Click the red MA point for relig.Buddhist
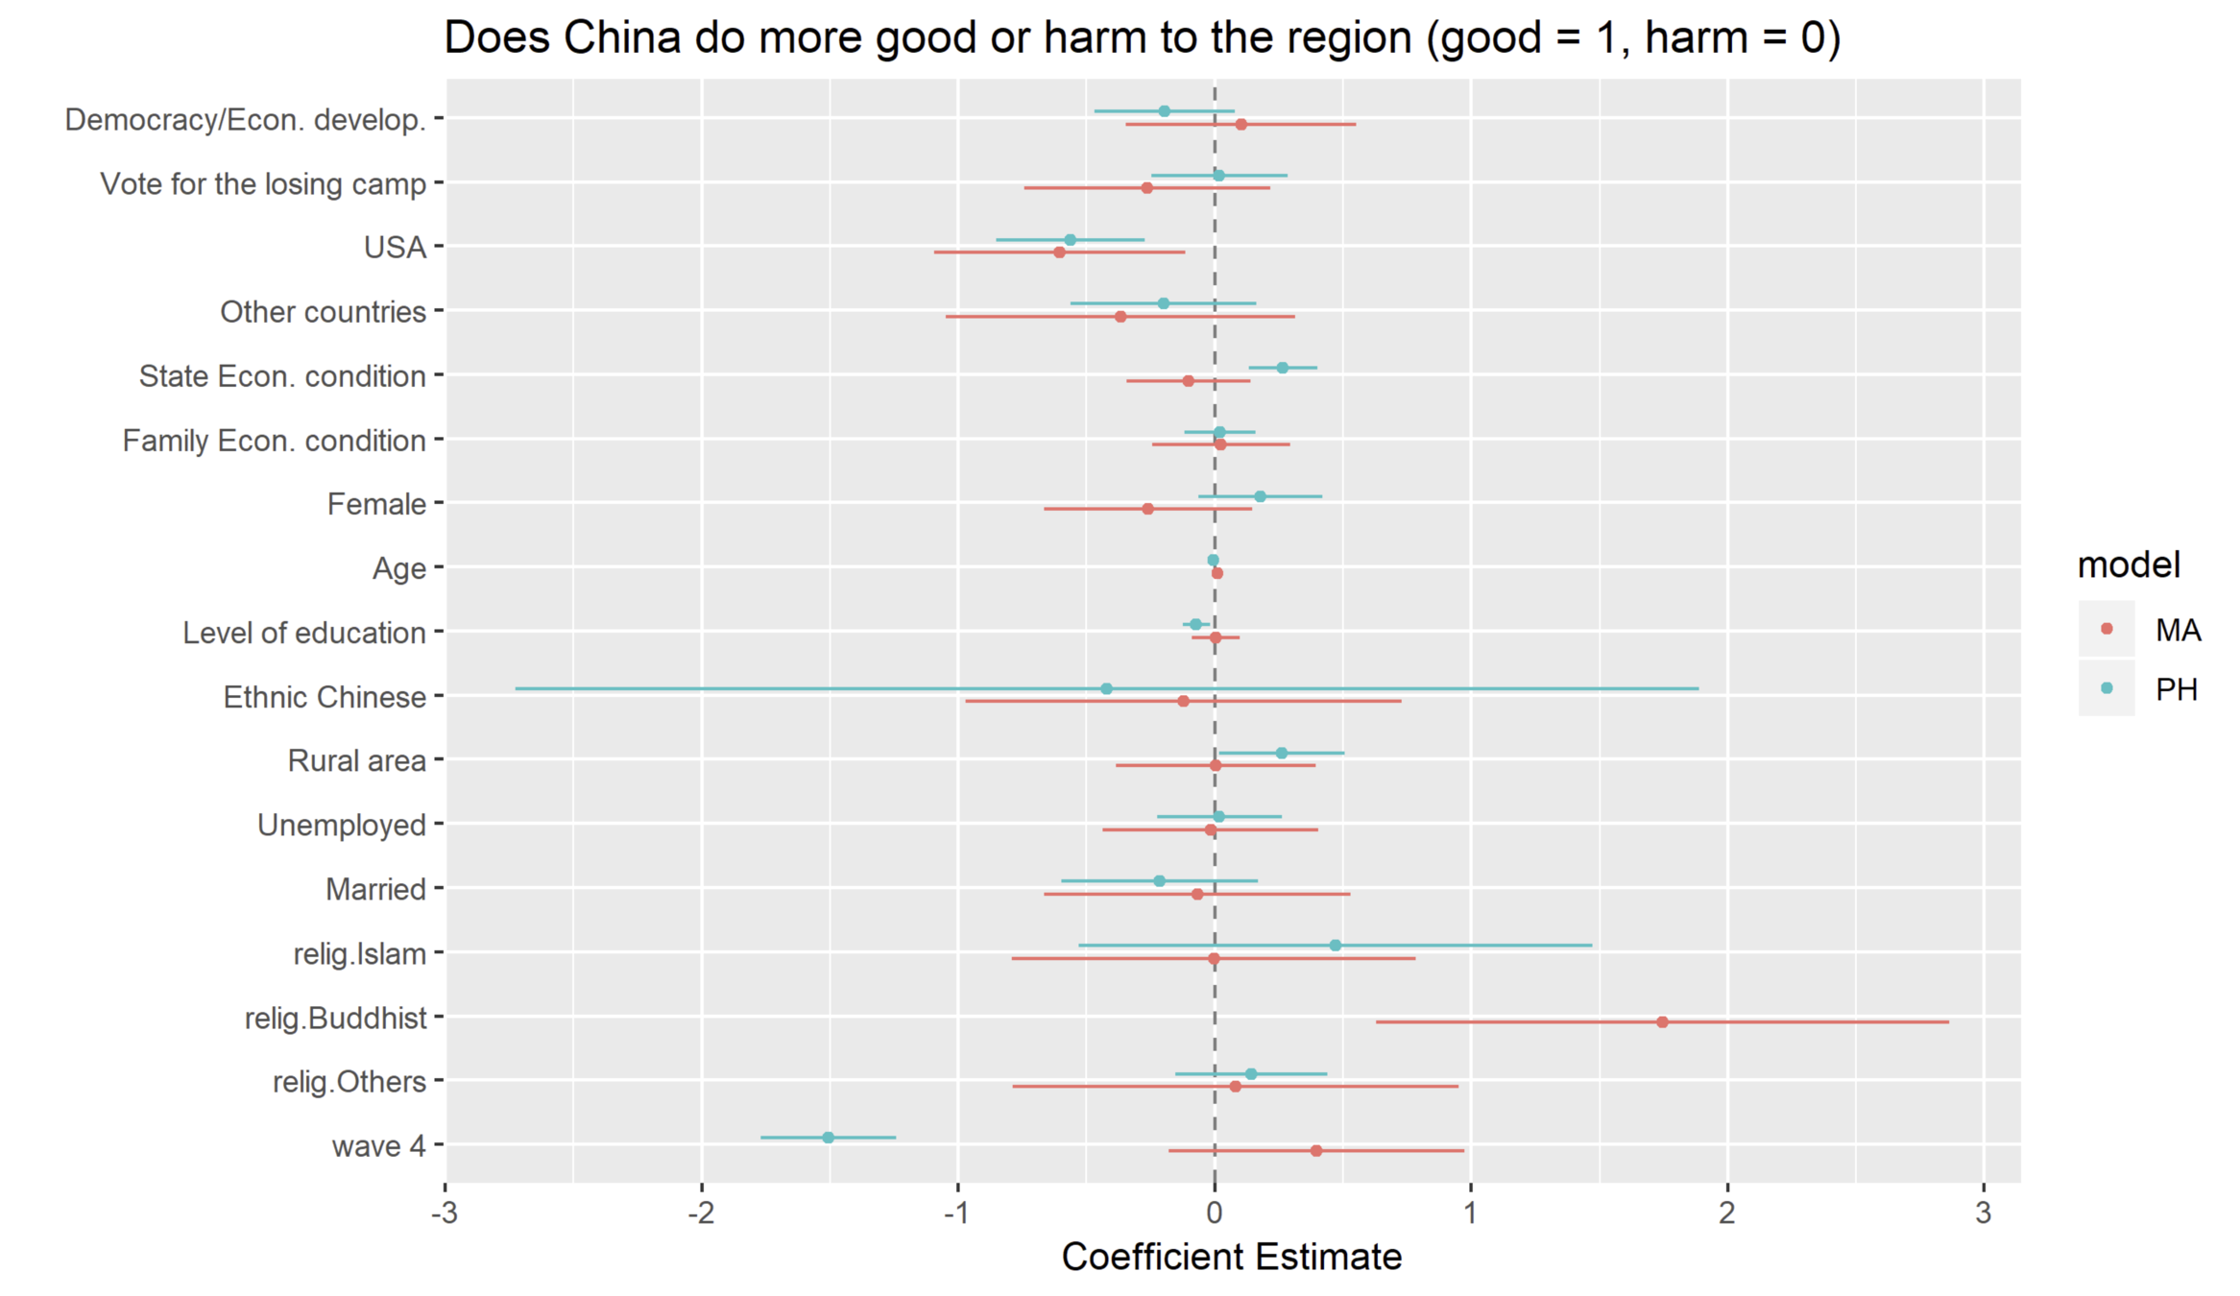coord(1662,1021)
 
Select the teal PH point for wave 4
coord(828,1138)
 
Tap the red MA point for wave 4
coord(1315,1150)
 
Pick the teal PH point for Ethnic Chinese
coord(1106,688)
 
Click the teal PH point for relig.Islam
coord(1335,946)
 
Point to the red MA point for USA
coord(1059,252)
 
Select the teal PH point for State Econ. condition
coord(1282,368)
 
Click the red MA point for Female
coord(1147,509)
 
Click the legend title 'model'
coord(2128,564)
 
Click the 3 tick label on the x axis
coord(1984,1213)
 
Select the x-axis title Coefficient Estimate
coord(1231,1257)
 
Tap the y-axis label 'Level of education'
coord(303,633)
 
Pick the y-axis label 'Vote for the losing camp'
coord(262,183)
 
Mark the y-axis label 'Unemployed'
coord(341,825)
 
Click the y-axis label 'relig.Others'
coord(349,1082)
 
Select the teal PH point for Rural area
coord(1281,753)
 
